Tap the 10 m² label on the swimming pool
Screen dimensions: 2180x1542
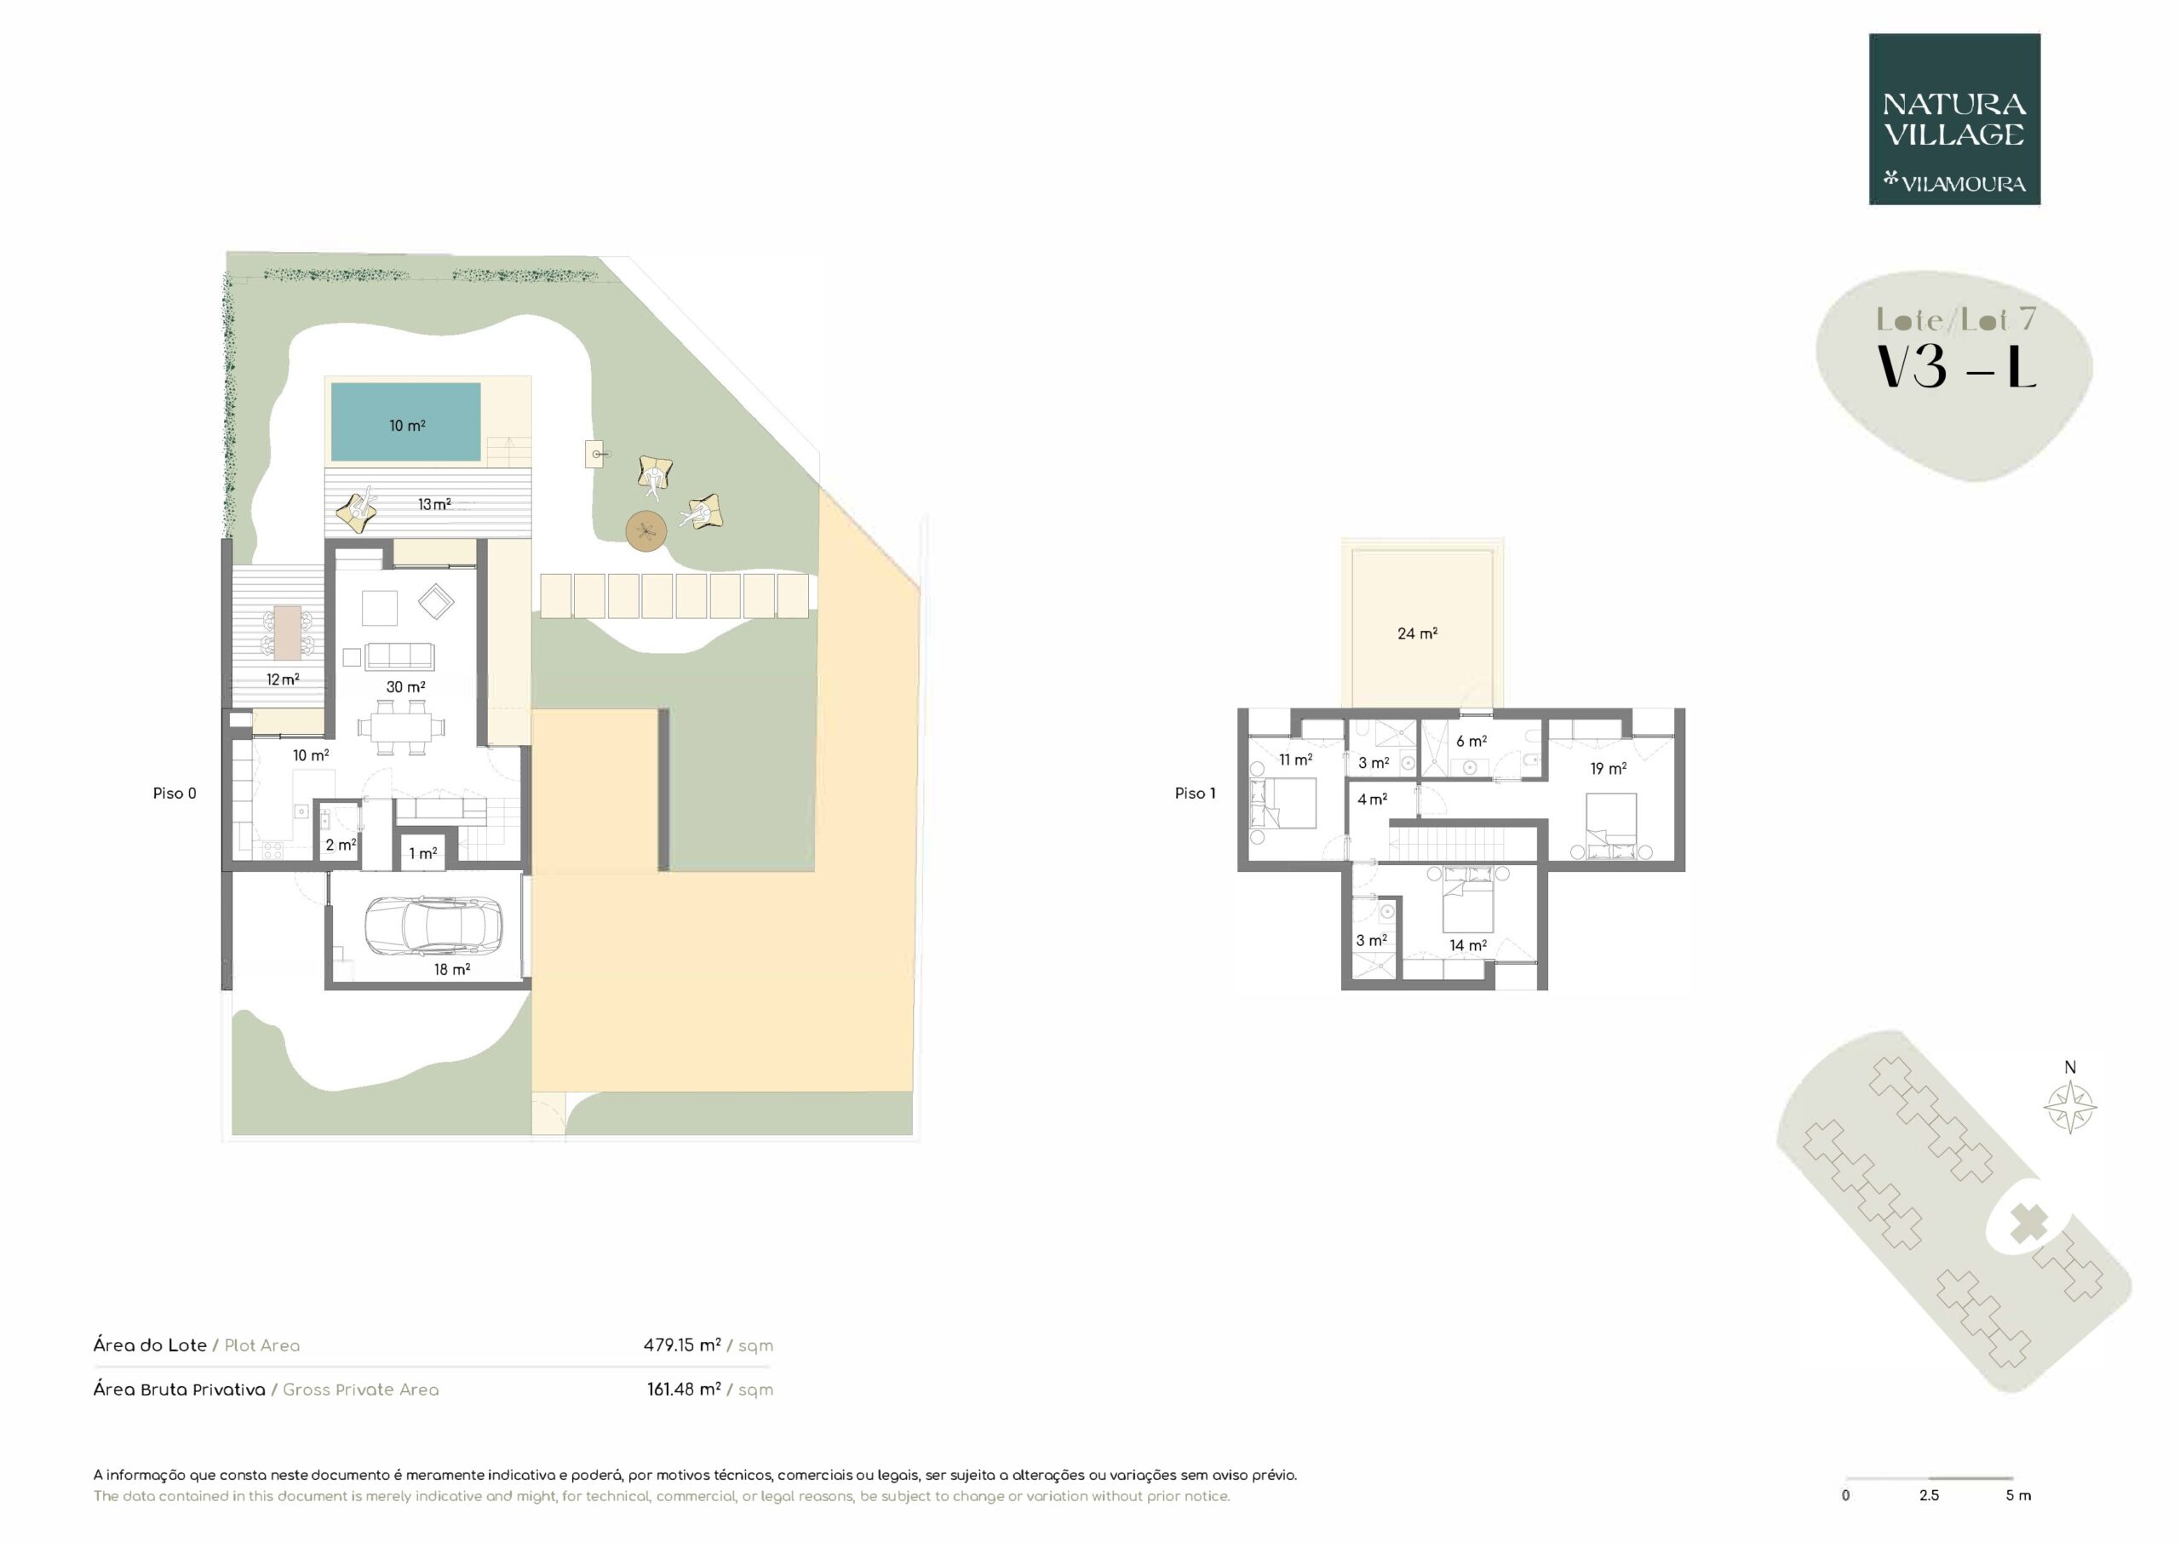point(407,427)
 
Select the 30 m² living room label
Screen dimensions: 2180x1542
point(405,686)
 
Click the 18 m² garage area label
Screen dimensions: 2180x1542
point(452,970)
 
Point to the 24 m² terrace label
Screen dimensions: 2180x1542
point(1417,633)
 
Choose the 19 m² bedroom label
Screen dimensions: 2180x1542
point(1609,768)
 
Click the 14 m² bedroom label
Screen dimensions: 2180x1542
point(1468,945)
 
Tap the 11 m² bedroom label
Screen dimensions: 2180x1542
point(1295,760)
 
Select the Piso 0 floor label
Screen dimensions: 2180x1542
point(175,793)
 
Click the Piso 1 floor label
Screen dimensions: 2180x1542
point(1195,793)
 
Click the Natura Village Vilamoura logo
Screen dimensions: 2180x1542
point(1954,120)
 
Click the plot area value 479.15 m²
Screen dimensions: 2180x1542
point(682,1344)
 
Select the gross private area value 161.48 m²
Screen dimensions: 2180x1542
point(684,1389)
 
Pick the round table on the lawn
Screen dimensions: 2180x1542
point(646,530)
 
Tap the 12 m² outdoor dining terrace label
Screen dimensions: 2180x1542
point(283,679)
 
